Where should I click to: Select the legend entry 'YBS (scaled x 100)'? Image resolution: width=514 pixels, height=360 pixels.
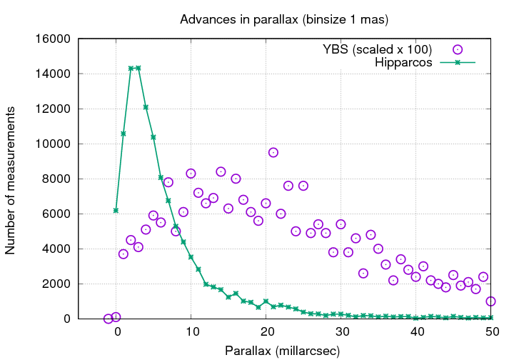pos(377,49)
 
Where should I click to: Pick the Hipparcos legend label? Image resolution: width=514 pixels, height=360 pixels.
pos(404,63)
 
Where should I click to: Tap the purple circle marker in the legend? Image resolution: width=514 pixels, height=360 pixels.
pos(458,49)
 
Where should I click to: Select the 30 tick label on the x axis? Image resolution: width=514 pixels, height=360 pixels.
pos(341,332)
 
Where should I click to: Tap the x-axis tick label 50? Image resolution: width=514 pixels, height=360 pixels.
pos(490,332)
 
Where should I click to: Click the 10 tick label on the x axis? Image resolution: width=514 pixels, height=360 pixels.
pos(191,332)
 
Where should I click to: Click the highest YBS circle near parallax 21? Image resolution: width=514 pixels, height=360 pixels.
pos(273,152)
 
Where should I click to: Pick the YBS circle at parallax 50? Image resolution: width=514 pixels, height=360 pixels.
pos(490,301)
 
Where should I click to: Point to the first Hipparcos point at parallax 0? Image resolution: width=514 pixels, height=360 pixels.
pos(116,210)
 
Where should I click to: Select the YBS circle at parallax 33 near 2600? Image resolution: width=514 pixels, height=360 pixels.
pos(363,273)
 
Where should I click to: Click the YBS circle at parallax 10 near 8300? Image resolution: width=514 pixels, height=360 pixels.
pos(191,174)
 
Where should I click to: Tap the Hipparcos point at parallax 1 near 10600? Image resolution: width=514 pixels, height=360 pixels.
pos(124,134)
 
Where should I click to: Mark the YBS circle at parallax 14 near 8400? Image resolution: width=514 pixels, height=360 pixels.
pos(221,171)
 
